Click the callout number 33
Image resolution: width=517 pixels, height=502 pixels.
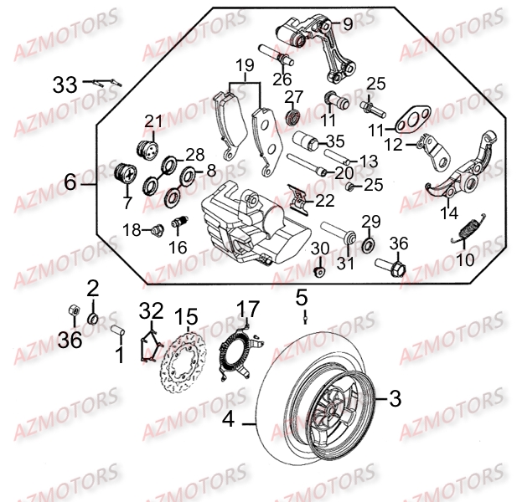click(x=65, y=84)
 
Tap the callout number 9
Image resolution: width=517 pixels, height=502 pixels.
click(x=348, y=24)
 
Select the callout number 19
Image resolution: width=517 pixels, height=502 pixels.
click(x=244, y=64)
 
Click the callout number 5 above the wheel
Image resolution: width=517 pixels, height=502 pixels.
click(x=302, y=297)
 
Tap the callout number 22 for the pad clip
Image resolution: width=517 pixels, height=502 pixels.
click(x=323, y=201)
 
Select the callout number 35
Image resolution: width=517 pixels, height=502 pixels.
click(x=335, y=140)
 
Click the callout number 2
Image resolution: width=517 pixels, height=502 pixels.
click(x=93, y=288)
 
